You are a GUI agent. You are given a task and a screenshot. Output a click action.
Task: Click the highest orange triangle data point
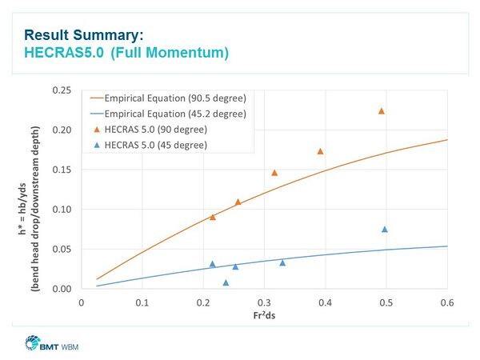click(x=382, y=111)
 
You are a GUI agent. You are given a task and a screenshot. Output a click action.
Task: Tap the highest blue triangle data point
click(x=385, y=230)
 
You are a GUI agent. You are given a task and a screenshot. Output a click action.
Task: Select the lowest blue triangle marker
click(x=226, y=282)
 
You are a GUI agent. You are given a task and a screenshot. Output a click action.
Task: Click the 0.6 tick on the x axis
click(x=447, y=302)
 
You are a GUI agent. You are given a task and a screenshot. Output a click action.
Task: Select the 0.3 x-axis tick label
click(x=264, y=302)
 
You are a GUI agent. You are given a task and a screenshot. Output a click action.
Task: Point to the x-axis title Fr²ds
click(x=263, y=316)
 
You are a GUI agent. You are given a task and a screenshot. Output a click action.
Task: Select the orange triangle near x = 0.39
click(x=320, y=151)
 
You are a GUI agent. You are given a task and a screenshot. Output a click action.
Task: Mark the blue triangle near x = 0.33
click(x=282, y=262)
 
